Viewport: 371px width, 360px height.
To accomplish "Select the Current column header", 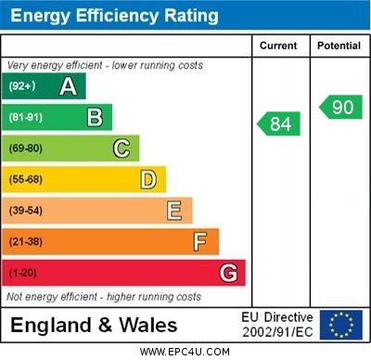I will [278, 45].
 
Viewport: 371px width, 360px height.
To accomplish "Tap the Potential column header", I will [339, 45].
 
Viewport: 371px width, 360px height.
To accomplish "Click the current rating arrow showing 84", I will [279, 123].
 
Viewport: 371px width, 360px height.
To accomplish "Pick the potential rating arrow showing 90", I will [340, 107].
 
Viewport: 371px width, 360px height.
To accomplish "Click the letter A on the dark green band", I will [68, 86].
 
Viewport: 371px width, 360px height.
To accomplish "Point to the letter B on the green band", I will [95, 117].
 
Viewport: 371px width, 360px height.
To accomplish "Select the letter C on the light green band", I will [122, 148].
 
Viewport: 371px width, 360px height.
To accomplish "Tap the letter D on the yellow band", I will [148, 179].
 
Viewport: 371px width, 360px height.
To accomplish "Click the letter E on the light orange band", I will [174, 211].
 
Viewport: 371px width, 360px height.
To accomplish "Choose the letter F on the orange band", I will [200, 241].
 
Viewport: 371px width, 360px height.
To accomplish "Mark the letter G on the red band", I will [228, 273].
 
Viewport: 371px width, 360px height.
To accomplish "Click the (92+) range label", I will [22, 86].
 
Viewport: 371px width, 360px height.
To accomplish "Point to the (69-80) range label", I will [26, 148].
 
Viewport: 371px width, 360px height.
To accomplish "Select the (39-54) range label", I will [26, 211].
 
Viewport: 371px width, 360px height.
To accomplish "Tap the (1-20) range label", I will [22, 273].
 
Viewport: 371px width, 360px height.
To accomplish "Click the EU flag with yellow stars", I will [341, 325].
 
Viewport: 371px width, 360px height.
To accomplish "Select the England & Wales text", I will [94, 326].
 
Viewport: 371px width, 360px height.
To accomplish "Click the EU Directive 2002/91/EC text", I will [277, 325].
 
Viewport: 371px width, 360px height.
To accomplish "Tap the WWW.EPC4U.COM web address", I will [185, 352].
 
